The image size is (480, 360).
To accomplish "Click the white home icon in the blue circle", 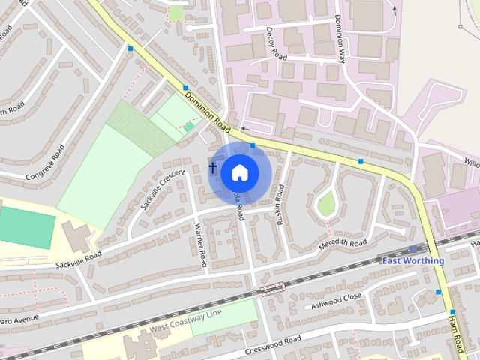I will [x=239, y=172].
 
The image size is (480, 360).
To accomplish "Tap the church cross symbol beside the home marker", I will [x=212, y=167].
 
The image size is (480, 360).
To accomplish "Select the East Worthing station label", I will [x=412, y=260].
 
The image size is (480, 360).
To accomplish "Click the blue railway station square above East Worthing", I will [x=413, y=249].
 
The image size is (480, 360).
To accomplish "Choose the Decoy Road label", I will [x=276, y=46].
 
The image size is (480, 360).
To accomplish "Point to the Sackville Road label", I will [x=78, y=259].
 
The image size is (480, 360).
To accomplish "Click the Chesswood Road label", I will [x=273, y=346].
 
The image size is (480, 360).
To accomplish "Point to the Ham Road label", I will [x=456, y=335].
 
